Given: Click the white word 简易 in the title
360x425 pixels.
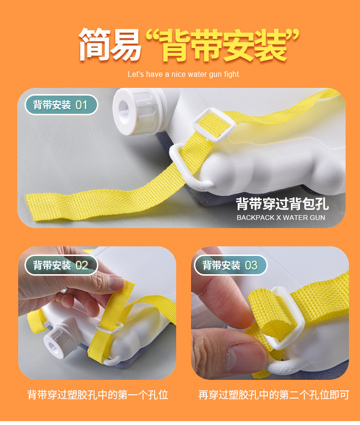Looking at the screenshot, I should coord(110,46).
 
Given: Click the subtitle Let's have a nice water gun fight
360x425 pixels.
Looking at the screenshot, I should coord(184,74).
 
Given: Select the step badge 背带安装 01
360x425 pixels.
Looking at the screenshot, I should coord(61,105).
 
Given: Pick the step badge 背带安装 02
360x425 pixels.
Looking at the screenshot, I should coord(61,265).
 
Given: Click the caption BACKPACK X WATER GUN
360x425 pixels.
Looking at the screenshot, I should coord(281,218).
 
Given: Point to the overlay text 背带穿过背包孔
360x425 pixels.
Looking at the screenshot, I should coord(282,204).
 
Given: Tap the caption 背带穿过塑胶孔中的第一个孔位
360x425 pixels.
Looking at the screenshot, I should coord(98,395).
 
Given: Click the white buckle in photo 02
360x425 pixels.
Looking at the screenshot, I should coord(111,326).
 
